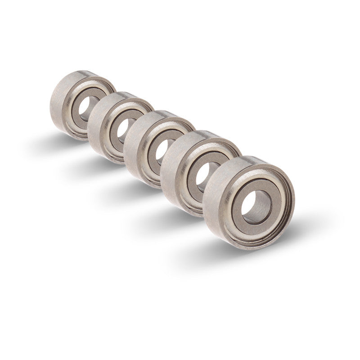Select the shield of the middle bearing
153,164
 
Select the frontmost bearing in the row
250,202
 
